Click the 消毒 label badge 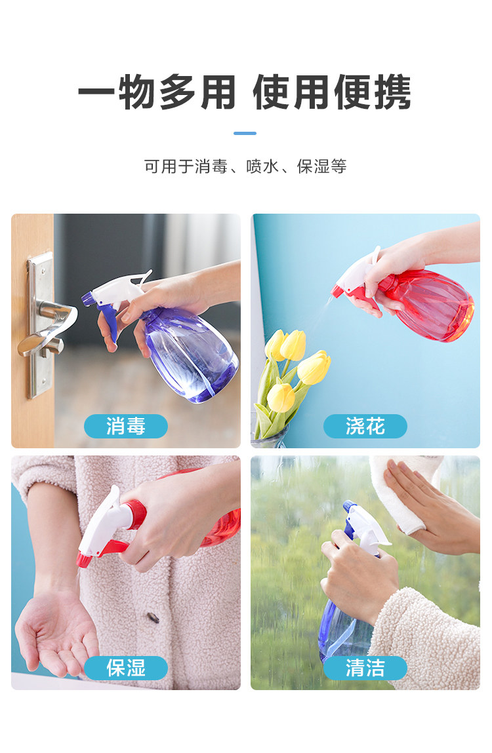coord(126,426)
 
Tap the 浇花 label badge coord(365,426)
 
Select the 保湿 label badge coord(126,668)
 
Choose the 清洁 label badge coord(365,668)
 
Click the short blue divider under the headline coord(245,133)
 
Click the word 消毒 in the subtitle coord(211,166)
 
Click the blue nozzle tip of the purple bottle coord(87,299)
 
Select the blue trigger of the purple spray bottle coord(109,322)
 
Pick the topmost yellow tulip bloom coord(293,345)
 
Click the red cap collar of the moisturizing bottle coord(134,514)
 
